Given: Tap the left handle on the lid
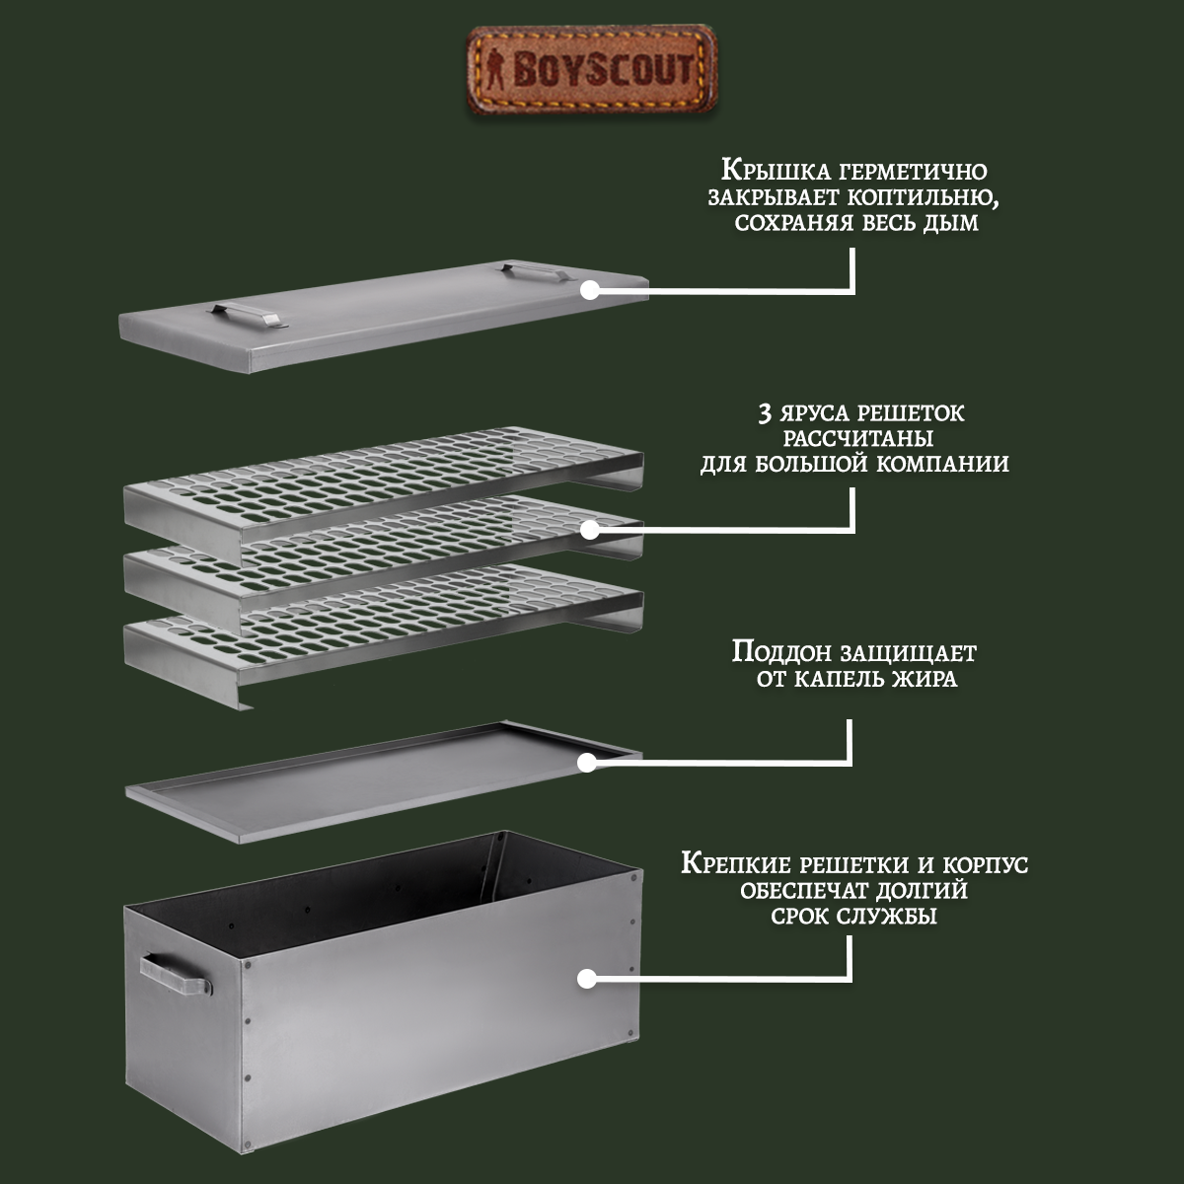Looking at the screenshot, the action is (x=243, y=313).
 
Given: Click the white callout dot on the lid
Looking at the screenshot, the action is (x=590, y=290).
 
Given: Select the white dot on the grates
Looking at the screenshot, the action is (x=590, y=530).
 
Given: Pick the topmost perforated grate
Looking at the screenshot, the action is (x=385, y=474).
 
